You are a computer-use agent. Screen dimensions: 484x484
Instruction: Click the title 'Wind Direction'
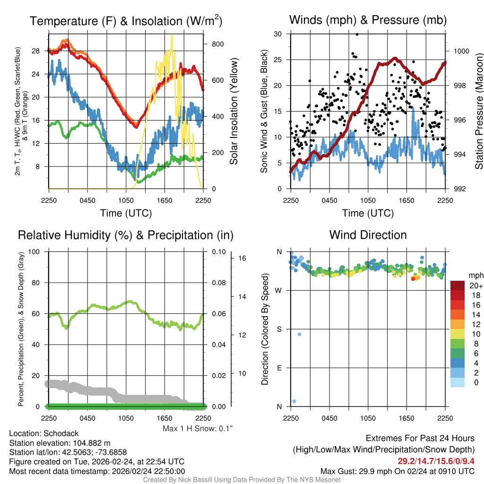pos(368,235)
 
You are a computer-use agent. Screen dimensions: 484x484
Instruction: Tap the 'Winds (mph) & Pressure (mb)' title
pos(368,20)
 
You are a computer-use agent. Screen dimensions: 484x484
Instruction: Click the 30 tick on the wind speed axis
pos(278,34)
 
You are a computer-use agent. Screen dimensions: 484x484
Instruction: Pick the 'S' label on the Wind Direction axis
pos(278,329)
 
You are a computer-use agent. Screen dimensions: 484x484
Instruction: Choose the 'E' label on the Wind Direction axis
pos(278,368)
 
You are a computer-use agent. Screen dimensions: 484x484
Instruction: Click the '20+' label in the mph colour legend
pos(475,285)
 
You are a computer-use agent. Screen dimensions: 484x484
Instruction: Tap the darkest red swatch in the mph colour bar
pos(458,285)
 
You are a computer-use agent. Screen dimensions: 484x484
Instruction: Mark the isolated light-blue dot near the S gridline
pos(299,335)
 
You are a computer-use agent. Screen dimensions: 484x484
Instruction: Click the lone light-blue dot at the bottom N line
pos(294,401)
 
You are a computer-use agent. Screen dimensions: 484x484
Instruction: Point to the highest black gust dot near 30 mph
pos(357,34)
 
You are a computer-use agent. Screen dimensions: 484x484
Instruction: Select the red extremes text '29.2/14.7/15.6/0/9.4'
pos(436,461)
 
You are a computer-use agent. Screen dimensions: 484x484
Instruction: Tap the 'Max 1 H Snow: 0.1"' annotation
pos(198,429)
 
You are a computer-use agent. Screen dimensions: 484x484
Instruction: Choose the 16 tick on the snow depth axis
pos(243,259)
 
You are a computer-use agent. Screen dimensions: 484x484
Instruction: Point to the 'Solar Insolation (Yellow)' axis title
pos(233,111)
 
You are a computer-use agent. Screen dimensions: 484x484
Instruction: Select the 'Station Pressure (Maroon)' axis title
pos(479,111)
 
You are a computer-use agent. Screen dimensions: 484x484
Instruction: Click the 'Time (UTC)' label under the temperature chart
pos(126,213)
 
